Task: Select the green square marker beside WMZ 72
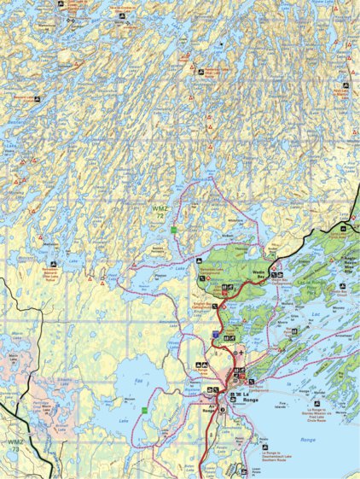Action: (x=173, y=231)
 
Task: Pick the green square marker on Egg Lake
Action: (x=146, y=411)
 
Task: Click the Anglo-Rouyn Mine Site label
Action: (x=342, y=260)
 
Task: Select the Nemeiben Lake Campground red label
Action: (x=210, y=272)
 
